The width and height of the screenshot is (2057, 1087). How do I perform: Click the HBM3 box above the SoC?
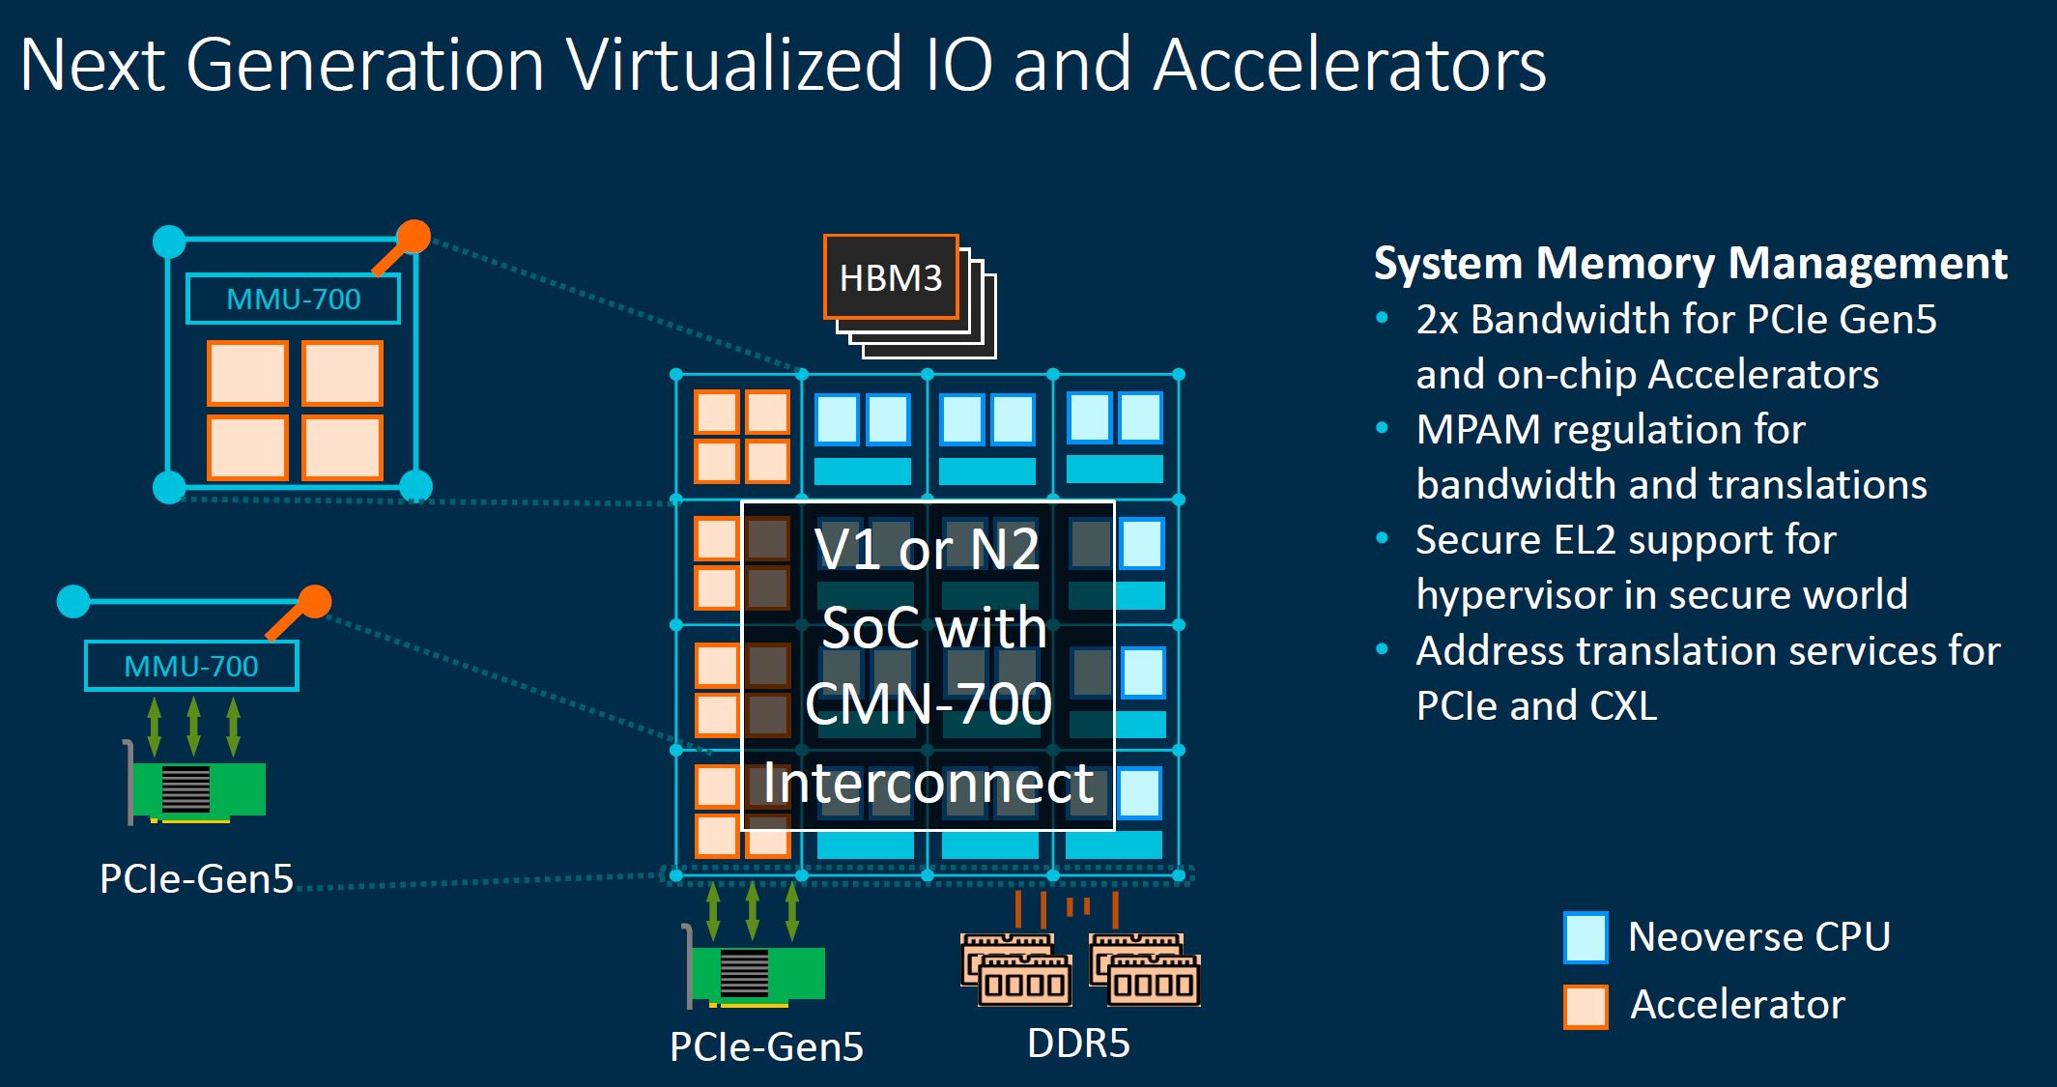pyautogui.click(x=890, y=277)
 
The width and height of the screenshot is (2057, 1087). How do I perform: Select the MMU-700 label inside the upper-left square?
pyautogui.click(x=293, y=300)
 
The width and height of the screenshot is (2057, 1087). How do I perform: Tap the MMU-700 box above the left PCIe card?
pyautogui.click(x=191, y=666)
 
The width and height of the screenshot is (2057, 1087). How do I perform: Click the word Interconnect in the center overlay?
pyautogui.click(x=928, y=783)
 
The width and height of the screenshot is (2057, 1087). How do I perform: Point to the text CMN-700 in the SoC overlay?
pyautogui.click(x=928, y=703)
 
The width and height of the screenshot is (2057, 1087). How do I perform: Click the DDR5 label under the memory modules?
pyautogui.click(x=1078, y=1044)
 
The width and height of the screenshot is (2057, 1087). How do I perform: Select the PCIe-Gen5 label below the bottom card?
pyautogui.click(x=766, y=1046)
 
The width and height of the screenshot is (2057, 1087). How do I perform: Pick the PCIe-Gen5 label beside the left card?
pyautogui.click(x=196, y=878)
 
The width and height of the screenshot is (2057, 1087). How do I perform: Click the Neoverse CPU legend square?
pyautogui.click(x=1586, y=937)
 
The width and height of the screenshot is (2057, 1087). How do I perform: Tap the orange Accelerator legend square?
pyautogui.click(x=1586, y=1006)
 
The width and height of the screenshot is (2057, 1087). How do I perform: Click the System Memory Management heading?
pyautogui.click(x=1690, y=264)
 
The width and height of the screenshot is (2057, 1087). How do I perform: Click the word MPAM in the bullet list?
pyautogui.click(x=1477, y=430)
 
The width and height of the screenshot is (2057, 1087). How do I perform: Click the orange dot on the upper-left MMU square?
pyautogui.click(x=414, y=237)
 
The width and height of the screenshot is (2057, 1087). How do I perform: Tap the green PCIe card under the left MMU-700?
pyautogui.click(x=199, y=788)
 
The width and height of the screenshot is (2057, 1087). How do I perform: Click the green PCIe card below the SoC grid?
pyautogui.click(x=758, y=973)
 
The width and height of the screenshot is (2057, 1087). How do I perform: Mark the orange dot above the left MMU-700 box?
pyautogui.click(x=315, y=601)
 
